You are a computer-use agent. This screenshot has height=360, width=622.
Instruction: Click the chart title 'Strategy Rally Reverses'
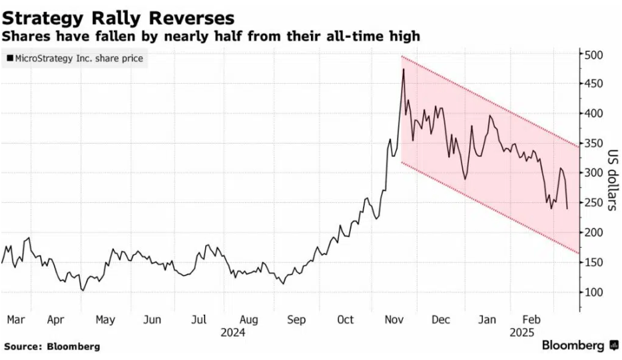point(118,16)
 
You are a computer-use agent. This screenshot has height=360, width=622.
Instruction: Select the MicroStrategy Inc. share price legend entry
point(75,59)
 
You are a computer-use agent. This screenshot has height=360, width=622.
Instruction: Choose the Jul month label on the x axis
point(198,320)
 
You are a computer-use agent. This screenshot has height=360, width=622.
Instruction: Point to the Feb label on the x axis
point(531,320)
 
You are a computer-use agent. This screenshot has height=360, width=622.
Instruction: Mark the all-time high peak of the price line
point(403,69)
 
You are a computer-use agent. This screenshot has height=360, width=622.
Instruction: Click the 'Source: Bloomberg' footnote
point(52,347)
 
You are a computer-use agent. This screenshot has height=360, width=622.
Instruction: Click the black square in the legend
point(9,59)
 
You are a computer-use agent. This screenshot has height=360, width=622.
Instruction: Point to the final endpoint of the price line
point(567,208)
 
